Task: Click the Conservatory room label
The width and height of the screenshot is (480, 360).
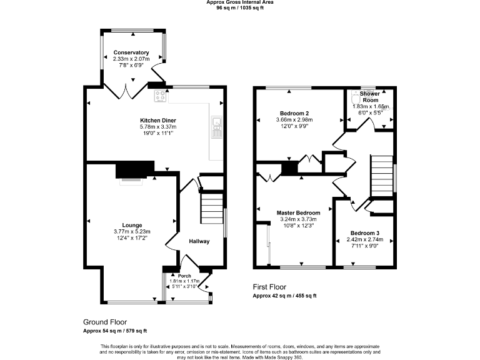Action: point(131,52)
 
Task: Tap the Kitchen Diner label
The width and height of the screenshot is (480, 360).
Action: point(157,120)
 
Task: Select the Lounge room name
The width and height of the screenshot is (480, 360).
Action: point(132,225)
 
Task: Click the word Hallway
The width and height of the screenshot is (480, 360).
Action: point(199,241)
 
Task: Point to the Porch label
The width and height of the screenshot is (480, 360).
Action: point(184,276)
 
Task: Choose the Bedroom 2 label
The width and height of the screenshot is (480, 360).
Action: point(294,114)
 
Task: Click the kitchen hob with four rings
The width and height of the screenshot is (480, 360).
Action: point(159,97)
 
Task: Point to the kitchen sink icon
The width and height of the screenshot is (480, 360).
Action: point(217,127)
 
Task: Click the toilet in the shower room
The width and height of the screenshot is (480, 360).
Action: point(357,99)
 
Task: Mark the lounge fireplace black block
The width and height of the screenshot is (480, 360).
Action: point(135,169)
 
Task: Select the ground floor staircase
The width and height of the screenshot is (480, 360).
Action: point(212,207)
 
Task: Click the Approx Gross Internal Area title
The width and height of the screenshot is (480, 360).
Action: point(239,2)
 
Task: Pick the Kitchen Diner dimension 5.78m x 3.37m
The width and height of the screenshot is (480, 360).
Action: point(157,126)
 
